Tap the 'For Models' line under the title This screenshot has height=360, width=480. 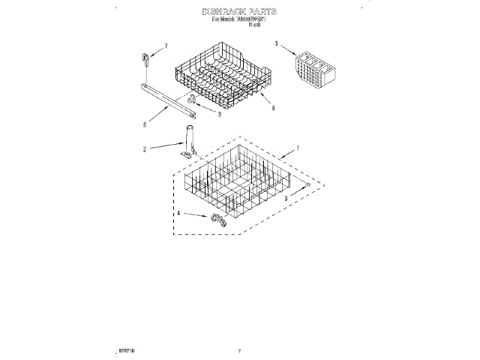pyautogui.click(x=239, y=21)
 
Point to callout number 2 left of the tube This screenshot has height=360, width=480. pyautogui.click(x=144, y=150)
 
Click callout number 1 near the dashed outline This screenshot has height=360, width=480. pyautogui.click(x=298, y=149)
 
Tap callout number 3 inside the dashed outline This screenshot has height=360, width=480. pyautogui.click(x=286, y=198)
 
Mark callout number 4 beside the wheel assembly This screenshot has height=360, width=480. pyautogui.click(x=178, y=213)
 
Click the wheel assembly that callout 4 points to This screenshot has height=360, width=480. pyautogui.click(x=218, y=220)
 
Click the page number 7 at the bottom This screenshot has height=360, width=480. pyautogui.click(x=238, y=350)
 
